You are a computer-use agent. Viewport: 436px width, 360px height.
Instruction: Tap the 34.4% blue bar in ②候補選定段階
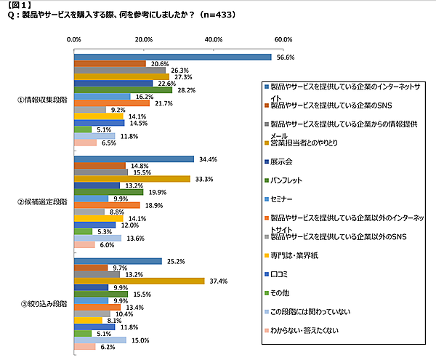[x=134, y=159]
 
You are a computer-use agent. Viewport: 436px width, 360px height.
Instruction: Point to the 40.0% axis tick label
[x=214, y=39]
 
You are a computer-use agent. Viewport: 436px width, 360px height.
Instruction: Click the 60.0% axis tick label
[x=283, y=39]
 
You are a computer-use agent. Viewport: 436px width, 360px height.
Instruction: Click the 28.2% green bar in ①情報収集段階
[x=124, y=89]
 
